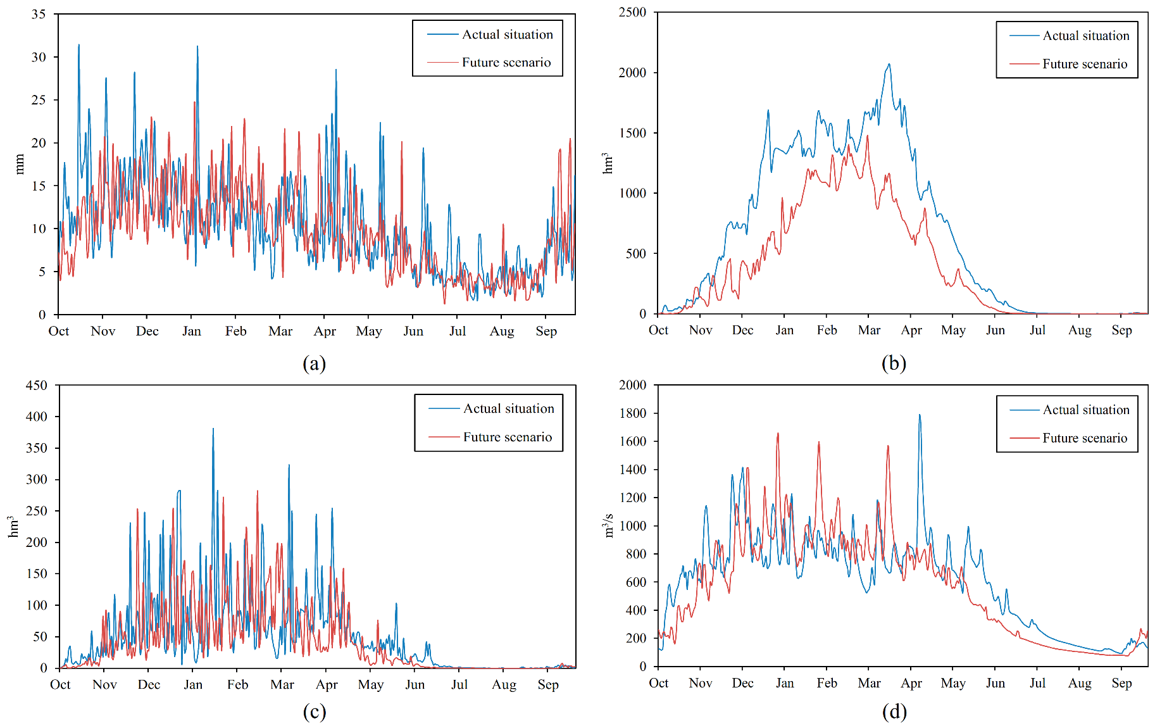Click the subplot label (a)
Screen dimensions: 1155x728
pyautogui.click(x=315, y=363)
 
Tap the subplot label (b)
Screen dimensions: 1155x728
pyautogui.click(x=894, y=363)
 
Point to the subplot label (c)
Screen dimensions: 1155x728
pyautogui.click(x=315, y=712)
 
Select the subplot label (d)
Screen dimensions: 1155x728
pyautogui.click(x=894, y=712)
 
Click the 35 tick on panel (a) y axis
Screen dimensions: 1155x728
pyautogui.click(x=39, y=14)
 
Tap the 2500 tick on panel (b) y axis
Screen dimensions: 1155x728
pyautogui.click(x=632, y=12)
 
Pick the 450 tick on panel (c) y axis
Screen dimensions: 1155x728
pyautogui.click(x=36, y=385)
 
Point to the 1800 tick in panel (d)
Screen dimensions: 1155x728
pyautogui.click(x=632, y=413)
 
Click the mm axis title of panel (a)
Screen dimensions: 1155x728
pyautogui.click(x=20, y=164)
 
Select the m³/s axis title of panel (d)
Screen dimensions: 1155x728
pyautogui.click(x=609, y=525)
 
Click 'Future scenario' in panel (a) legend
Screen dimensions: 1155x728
pyautogui.click(x=506, y=62)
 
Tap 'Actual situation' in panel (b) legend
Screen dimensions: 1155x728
pyautogui.click(x=1086, y=35)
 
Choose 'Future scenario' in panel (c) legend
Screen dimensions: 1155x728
pyautogui.click(x=508, y=437)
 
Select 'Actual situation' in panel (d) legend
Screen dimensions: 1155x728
pyautogui.click(x=1086, y=410)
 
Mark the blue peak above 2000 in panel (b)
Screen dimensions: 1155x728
pyautogui.click(x=889, y=64)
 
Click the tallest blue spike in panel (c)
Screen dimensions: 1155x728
pyautogui.click(x=213, y=429)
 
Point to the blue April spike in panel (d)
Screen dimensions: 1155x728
pyautogui.click(x=920, y=415)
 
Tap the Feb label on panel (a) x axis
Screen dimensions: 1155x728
pyautogui.click(x=236, y=331)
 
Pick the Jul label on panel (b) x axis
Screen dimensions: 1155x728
pyautogui.click(x=1037, y=330)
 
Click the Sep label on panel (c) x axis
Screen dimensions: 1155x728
pyautogui.click(x=548, y=684)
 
